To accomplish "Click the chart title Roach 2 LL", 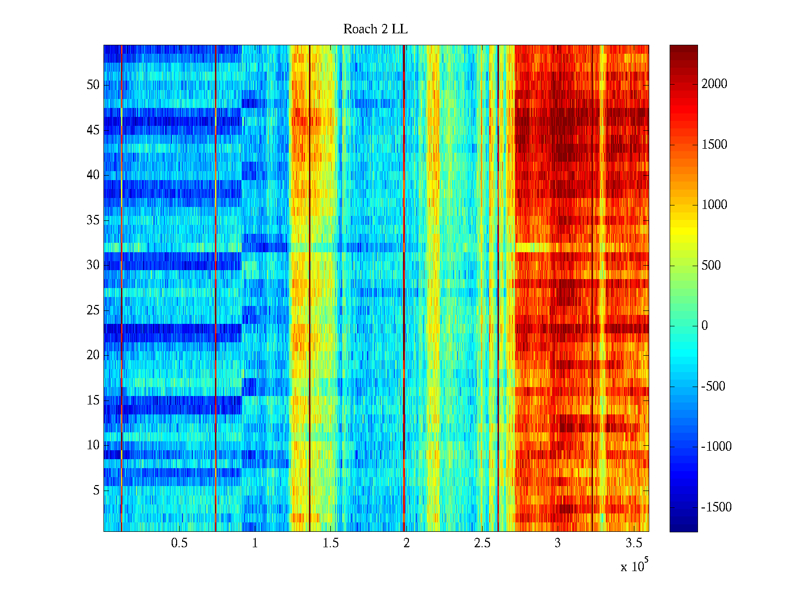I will pyautogui.click(x=375, y=29).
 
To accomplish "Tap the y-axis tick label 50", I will pyautogui.click(x=93, y=85).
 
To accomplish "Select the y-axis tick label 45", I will pyautogui.click(x=93, y=130).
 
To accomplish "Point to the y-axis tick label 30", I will pyautogui.click(x=93, y=265).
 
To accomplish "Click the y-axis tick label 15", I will pyautogui.click(x=93, y=400).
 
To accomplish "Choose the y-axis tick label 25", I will pyautogui.click(x=93, y=310).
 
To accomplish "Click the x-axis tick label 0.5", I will pyautogui.click(x=179, y=543).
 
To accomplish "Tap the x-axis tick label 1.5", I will pyautogui.click(x=330, y=543).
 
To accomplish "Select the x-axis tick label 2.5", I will pyautogui.click(x=482, y=543).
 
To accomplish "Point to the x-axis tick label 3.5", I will pyautogui.click(x=633, y=543).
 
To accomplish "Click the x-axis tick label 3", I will pyautogui.click(x=558, y=543).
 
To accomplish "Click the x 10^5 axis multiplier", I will pyautogui.click(x=634, y=566).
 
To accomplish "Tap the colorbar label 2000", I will pyautogui.click(x=714, y=84).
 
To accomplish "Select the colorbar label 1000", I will pyautogui.click(x=714, y=205).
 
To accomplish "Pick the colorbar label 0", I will pyautogui.click(x=704, y=326).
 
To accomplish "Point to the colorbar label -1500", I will pyautogui.click(x=716, y=507).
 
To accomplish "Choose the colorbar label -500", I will pyautogui.click(x=713, y=387).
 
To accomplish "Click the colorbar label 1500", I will pyautogui.click(x=714, y=145).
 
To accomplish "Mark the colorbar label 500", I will pyautogui.click(x=711, y=266).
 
